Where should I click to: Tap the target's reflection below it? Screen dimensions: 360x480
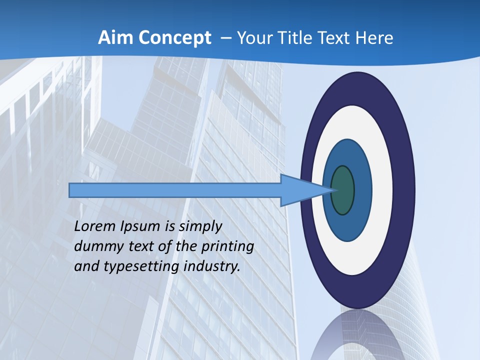pyautogui.click(x=357, y=335)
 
